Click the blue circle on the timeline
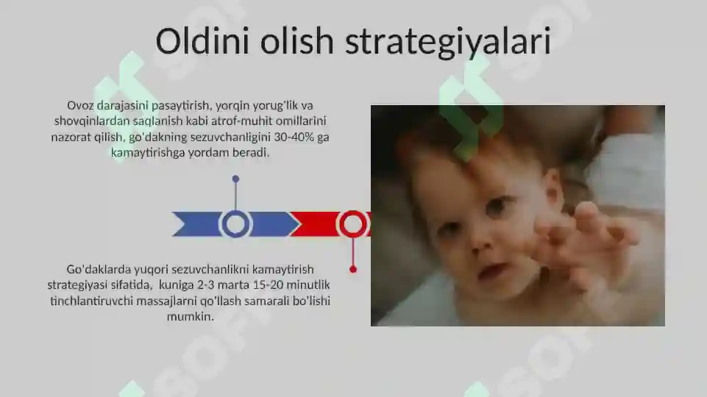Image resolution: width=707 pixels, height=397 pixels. tap(235, 223)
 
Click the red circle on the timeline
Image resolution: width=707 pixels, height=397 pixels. tap(353, 223)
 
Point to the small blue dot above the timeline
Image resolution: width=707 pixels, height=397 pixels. tap(235, 179)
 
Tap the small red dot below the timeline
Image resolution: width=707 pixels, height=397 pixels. tap(353, 270)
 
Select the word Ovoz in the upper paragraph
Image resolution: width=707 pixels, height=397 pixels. tap(80, 105)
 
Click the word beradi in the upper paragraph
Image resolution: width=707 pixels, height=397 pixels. tap(253, 154)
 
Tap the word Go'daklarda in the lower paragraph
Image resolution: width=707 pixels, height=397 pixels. tap(97, 269)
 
